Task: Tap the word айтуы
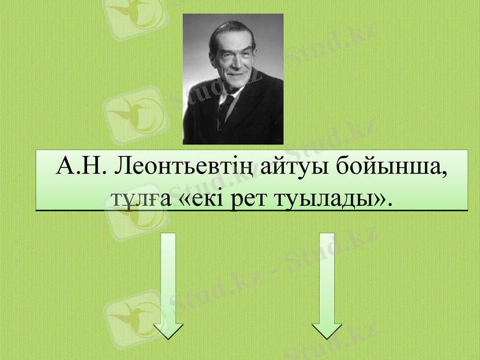pos(290,166)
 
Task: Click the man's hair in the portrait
pos(231,27)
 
